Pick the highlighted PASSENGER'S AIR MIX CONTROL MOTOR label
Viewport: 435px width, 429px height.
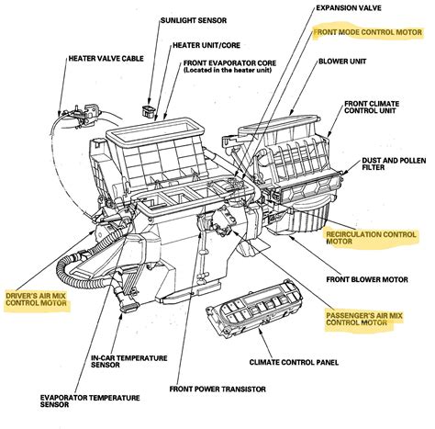point(365,318)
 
